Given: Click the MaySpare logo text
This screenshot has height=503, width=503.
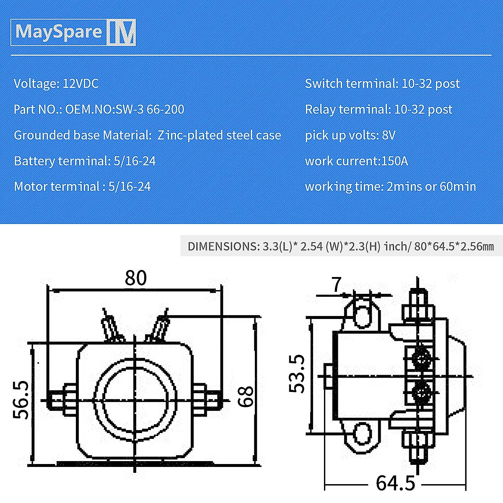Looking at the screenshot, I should click(59, 32).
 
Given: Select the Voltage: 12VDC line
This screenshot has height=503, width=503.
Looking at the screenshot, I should click(56, 83).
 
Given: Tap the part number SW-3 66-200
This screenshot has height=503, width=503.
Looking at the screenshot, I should click(150, 109).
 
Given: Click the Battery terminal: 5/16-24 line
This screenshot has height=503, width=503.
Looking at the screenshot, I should click(85, 161).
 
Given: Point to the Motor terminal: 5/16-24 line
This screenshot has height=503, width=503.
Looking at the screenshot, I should click(82, 187).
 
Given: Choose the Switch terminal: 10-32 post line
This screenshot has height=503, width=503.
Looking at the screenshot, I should click(382, 83).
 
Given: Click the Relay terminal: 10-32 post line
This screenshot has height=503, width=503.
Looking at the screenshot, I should click(379, 109).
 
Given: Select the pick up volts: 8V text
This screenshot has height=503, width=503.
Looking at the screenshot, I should click(350, 135).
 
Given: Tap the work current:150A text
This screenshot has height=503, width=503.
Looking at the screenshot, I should click(356, 161).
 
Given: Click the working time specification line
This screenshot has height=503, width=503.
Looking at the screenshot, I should click(390, 187).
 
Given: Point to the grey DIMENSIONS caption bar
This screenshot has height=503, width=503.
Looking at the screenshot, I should click(340, 246).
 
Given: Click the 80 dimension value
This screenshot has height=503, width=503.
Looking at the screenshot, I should click(136, 278).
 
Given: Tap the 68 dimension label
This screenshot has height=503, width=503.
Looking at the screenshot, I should click(246, 396).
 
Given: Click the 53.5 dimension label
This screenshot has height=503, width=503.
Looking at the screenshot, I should click(297, 373).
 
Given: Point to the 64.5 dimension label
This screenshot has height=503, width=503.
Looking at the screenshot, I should click(395, 483).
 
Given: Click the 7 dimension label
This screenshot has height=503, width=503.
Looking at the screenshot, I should click(337, 285).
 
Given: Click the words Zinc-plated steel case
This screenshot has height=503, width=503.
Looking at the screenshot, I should click(219, 135).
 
